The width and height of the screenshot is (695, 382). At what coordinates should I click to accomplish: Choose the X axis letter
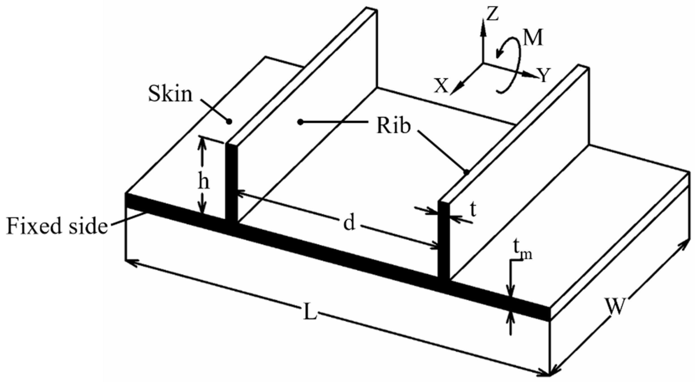[441, 86]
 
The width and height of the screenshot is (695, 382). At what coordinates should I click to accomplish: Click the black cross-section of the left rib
[231, 184]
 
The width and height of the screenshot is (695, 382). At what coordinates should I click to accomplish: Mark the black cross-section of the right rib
[444, 241]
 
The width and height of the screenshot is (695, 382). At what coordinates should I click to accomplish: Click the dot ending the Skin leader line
[229, 122]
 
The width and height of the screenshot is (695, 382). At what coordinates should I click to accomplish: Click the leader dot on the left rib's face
[301, 122]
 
